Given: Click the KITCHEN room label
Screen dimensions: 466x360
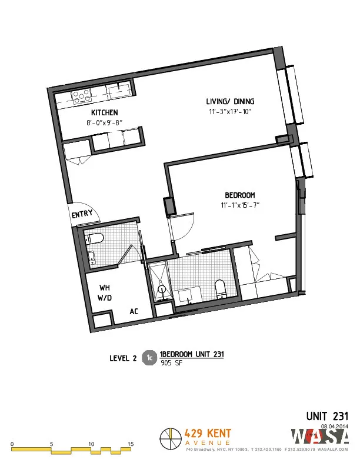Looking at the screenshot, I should [x=105, y=112].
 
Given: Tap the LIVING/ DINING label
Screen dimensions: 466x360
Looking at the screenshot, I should [x=230, y=101].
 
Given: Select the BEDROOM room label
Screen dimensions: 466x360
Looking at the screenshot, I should [x=239, y=195].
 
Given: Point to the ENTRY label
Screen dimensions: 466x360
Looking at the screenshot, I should [x=82, y=215].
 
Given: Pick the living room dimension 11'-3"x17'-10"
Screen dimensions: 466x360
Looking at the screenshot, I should [x=230, y=112].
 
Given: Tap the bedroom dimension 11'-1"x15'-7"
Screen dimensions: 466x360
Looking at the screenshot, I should [x=238, y=205].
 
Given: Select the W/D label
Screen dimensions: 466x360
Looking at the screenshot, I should [x=105, y=298].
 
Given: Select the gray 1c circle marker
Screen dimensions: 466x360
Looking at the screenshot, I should [x=150, y=357].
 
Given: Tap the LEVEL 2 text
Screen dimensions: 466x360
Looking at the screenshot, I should [x=124, y=357].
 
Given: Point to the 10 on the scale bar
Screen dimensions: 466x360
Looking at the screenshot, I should [x=91, y=444].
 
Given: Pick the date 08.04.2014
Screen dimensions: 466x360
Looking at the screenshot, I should [x=335, y=425].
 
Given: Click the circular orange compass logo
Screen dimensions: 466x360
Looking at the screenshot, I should [x=170, y=438].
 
